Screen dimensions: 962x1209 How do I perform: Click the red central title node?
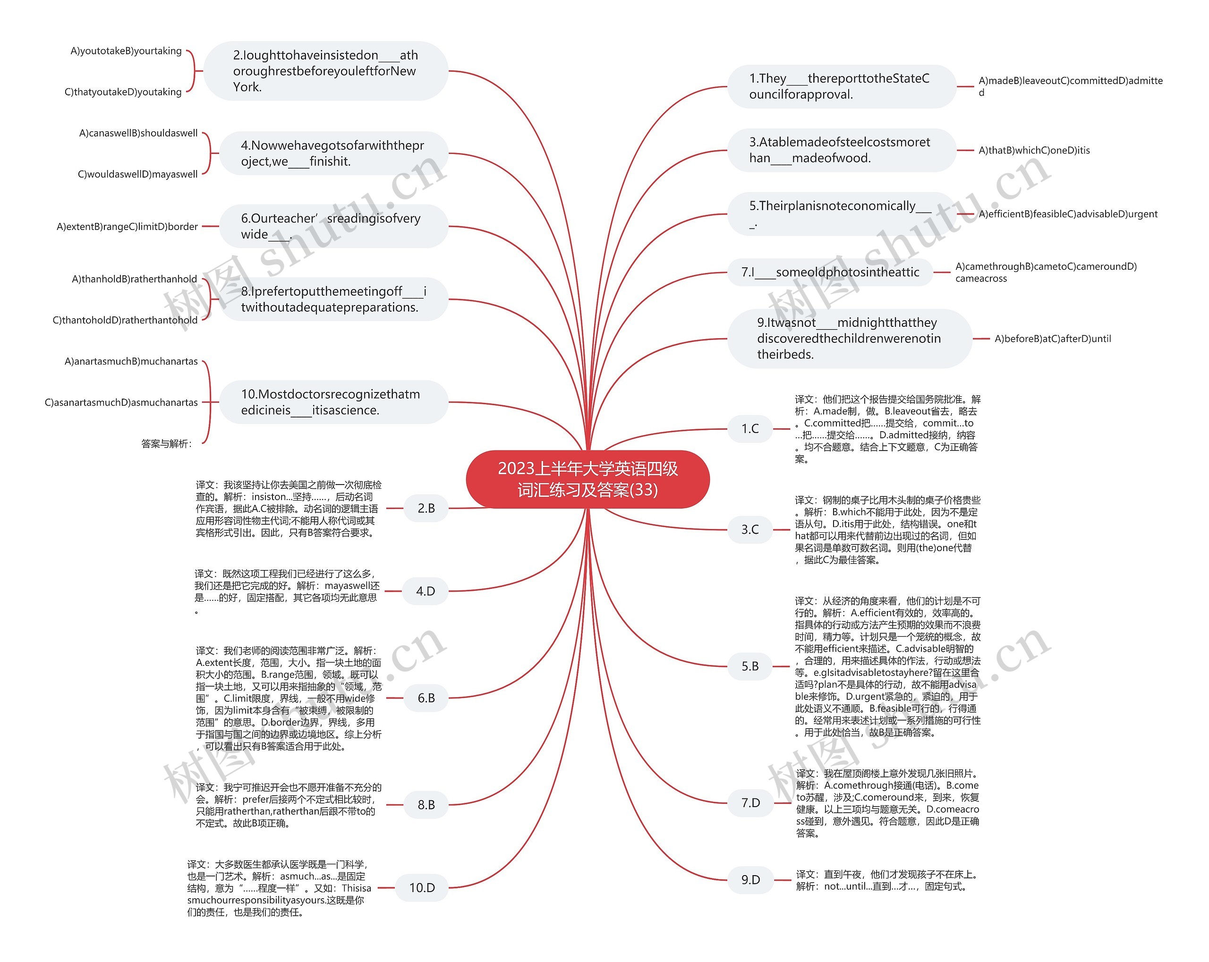tap(587, 479)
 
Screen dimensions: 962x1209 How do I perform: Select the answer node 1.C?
tap(750, 429)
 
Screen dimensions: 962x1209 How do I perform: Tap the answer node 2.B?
tap(426, 509)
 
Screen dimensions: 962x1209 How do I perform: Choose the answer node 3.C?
tap(750, 529)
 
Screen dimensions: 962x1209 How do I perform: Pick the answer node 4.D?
tap(425, 591)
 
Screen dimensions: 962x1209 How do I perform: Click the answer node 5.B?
tap(750, 666)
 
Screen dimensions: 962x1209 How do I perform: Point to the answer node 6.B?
tap(426, 698)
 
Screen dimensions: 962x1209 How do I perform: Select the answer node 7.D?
tap(750, 803)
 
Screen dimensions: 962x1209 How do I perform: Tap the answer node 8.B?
tap(426, 805)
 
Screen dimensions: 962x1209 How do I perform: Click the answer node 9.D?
tap(750, 880)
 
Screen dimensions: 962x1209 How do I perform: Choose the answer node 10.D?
tap(422, 887)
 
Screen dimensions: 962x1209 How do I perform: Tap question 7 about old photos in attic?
tap(830, 272)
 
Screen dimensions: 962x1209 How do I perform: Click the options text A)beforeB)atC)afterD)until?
tap(1053, 339)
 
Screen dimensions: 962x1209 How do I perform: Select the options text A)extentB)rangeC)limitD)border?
tap(128, 227)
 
